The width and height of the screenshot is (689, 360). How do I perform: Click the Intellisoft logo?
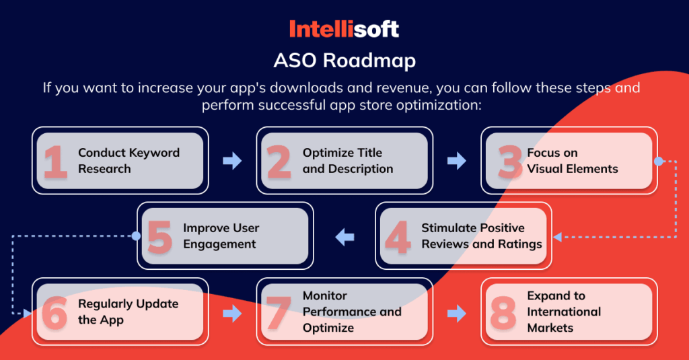[344, 29]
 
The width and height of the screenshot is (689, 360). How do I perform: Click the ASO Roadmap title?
[344, 61]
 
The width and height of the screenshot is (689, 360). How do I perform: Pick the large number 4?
[398, 237]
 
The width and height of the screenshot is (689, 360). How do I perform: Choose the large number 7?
[279, 312]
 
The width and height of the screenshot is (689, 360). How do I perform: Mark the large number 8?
[503, 312]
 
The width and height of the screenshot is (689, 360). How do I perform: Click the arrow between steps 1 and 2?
[232, 161]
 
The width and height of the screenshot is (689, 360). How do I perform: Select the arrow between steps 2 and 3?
[456, 161]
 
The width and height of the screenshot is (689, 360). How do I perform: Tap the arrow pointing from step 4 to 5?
[344, 236]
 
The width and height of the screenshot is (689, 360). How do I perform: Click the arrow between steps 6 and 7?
[232, 312]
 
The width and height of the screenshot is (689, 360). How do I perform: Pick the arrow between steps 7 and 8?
[456, 312]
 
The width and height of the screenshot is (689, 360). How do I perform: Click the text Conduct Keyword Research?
[129, 161]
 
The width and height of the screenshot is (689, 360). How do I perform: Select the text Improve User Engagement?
[221, 236]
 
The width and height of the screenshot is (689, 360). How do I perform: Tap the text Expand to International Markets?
[564, 312]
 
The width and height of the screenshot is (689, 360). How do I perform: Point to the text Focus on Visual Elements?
[572, 161]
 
